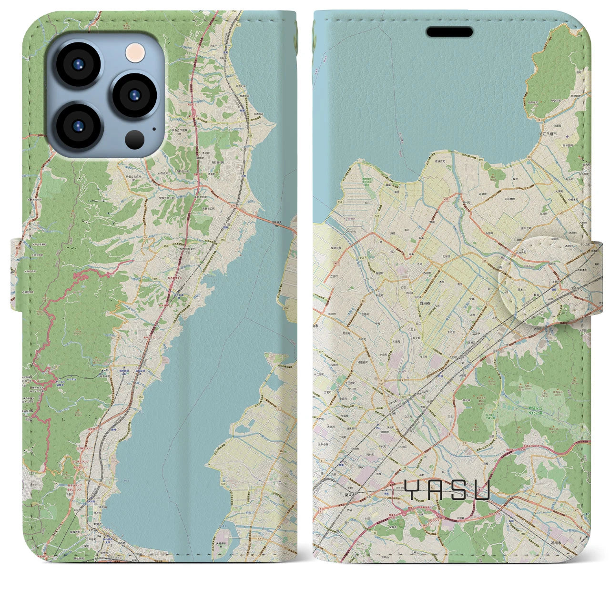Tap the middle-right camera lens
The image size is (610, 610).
(x=134, y=95)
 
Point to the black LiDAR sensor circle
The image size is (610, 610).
(x=135, y=140)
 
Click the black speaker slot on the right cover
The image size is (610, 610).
(x=449, y=32)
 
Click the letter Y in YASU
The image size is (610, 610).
(x=413, y=490)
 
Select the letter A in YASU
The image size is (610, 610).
(x=435, y=490)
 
